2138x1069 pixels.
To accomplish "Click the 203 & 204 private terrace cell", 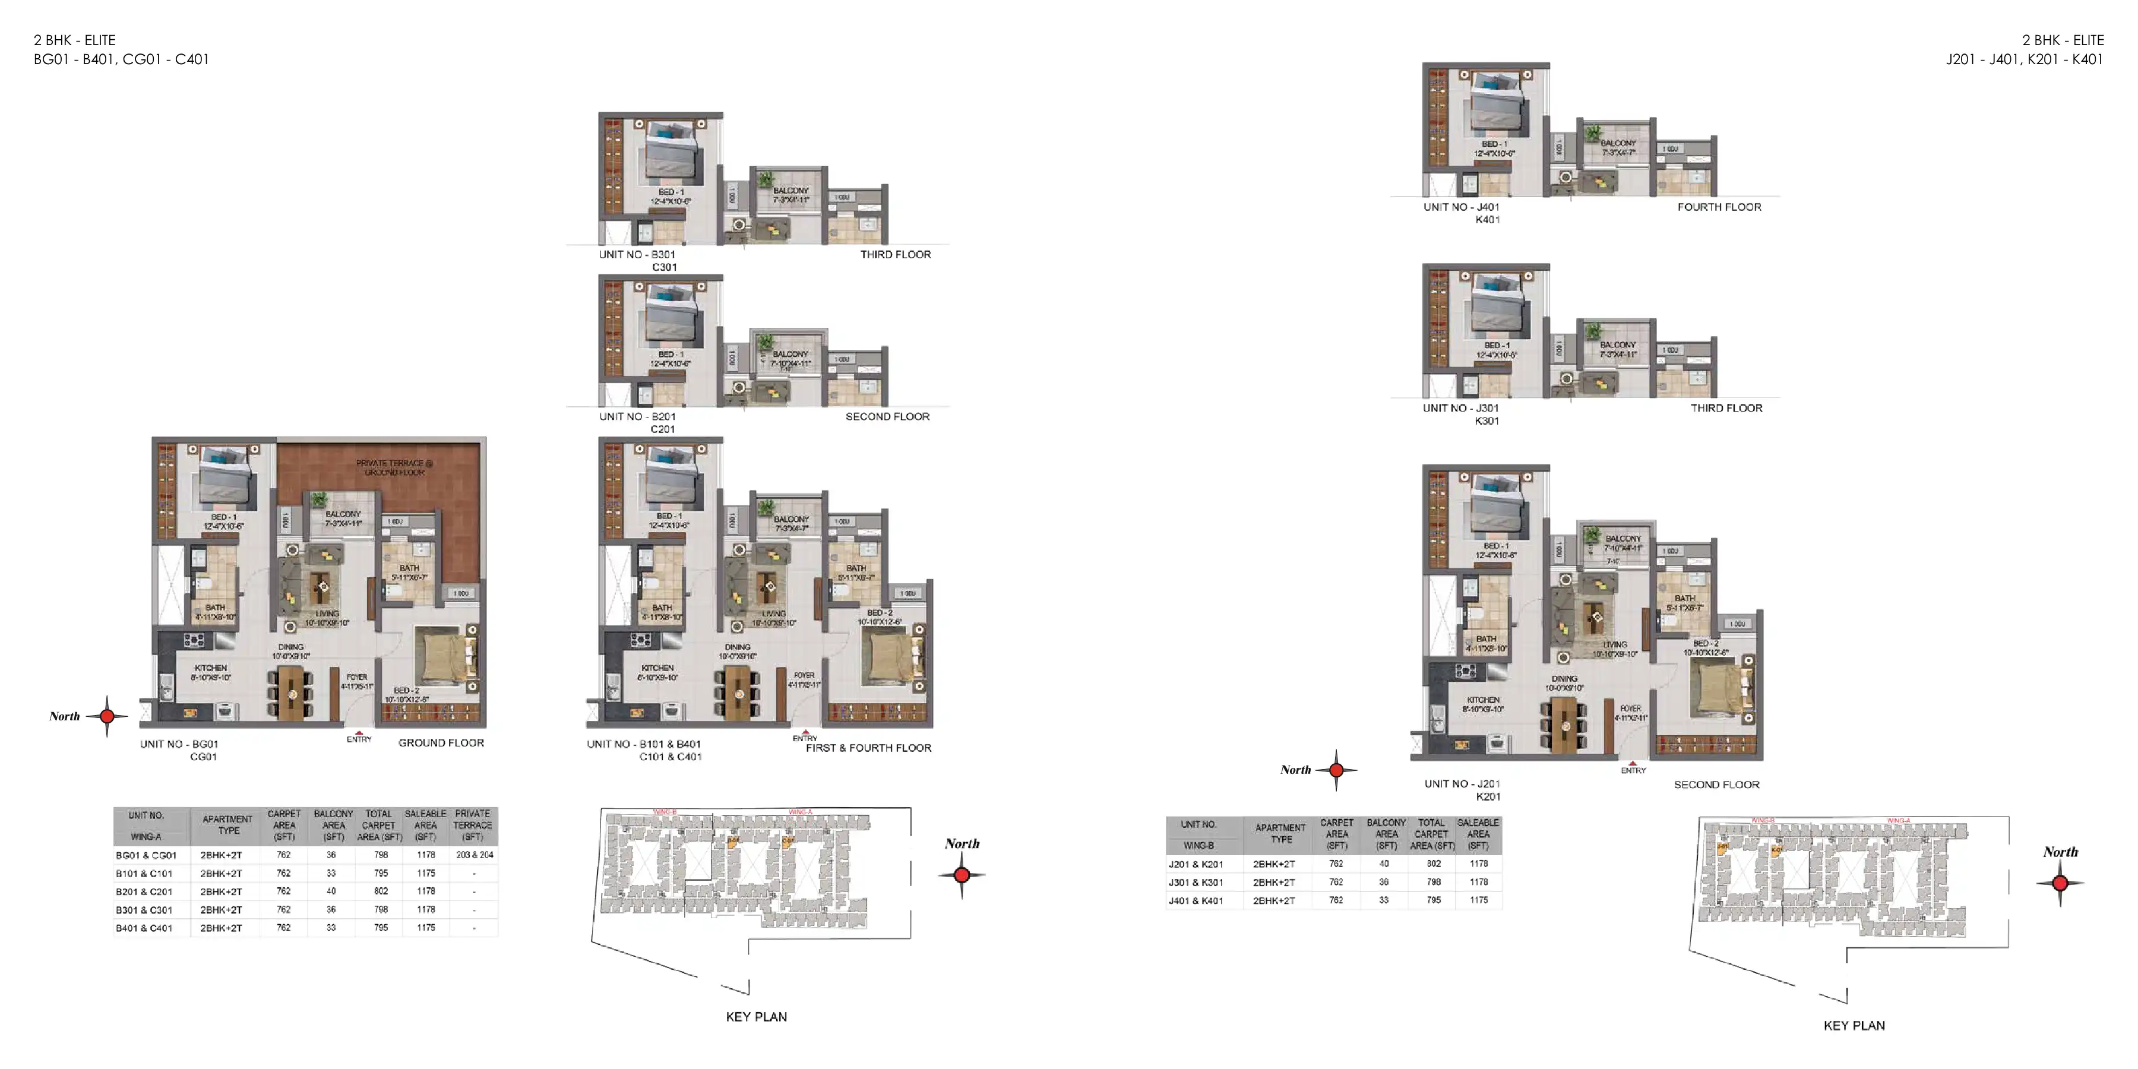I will [x=474, y=855].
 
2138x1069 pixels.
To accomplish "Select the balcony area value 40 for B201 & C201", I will [x=331, y=891].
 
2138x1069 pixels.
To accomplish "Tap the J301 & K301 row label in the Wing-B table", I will [x=1196, y=883].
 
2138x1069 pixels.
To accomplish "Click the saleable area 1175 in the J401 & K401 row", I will [x=1478, y=900].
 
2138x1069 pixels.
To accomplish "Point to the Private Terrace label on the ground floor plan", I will [x=394, y=467].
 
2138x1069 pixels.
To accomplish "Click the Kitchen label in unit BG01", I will [x=211, y=668].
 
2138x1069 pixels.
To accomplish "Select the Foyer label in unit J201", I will [x=1630, y=710].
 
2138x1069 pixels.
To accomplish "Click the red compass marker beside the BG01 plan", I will [x=106, y=716].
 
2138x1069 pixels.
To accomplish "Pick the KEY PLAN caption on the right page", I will [x=1854, y=1026].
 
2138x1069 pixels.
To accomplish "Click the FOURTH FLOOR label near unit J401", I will [x=1719, y=207].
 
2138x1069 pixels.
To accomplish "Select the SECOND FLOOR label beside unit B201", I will [x=887, y=417].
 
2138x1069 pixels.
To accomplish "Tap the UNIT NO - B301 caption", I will [x=637, y=255].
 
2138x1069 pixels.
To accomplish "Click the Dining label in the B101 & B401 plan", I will [x=737, y=647].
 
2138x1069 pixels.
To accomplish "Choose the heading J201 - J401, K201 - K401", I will [x=2025, y=59].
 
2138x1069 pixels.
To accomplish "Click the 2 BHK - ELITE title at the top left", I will [x=75, y=40].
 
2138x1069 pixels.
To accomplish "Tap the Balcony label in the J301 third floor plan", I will [x=1618, y=344].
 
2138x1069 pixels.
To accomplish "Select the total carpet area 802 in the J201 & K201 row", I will [x=1434, y=864].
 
